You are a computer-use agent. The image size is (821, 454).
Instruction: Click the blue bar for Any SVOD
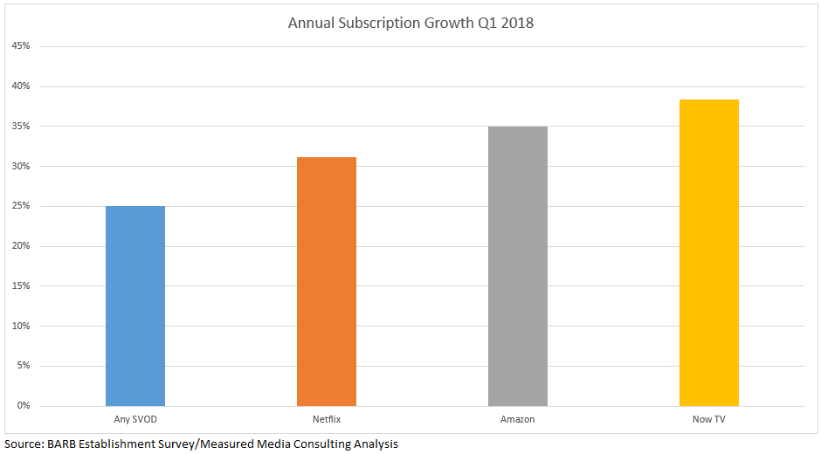coord(135,306)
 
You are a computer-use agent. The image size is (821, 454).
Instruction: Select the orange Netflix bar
coord(327,281)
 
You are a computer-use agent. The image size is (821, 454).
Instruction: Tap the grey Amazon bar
coord(518,266)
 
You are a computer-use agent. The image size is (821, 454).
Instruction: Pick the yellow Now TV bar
coord(709,252)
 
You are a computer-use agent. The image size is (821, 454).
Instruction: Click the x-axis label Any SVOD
coord(135,420)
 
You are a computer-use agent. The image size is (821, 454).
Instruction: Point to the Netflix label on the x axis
coord(327,420)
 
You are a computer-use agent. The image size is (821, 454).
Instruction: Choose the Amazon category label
coord(518,420)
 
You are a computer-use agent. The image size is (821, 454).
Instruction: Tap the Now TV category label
coord(708,420)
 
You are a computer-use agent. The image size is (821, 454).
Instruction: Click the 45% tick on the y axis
coord(20,46)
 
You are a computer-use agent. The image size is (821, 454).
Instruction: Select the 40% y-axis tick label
coord(20,86)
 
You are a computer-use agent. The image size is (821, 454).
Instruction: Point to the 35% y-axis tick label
coord(20,127)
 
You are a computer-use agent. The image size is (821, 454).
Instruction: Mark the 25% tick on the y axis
coord(20,206)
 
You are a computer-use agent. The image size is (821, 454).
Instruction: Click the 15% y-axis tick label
coord(20,286)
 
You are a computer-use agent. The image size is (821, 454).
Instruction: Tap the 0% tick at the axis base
coord(23,406)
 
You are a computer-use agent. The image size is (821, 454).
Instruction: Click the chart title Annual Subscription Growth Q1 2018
coord(410,23)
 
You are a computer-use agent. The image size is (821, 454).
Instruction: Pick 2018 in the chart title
coord(516,23)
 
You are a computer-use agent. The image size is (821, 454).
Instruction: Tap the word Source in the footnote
coord(23,444)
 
